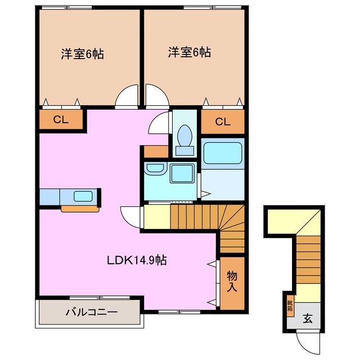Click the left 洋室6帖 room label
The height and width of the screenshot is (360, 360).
pos(83,55)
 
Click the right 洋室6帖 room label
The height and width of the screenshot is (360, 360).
pos(189,53)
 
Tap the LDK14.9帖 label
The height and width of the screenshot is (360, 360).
pos(137,260)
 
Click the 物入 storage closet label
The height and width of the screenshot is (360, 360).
pos(232,281)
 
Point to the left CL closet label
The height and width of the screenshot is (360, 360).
pos(61,119)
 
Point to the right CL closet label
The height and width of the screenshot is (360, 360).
pos(223,121)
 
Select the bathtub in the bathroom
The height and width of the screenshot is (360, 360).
pos(223,152)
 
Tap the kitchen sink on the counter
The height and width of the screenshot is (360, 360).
pos(83,196)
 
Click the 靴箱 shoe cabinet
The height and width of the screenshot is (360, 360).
pos(290,307)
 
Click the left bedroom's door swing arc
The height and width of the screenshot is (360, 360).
pos(127,96)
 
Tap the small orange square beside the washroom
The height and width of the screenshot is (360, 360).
pos(156,151)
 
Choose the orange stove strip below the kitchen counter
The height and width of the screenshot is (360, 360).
pos(80,209)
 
